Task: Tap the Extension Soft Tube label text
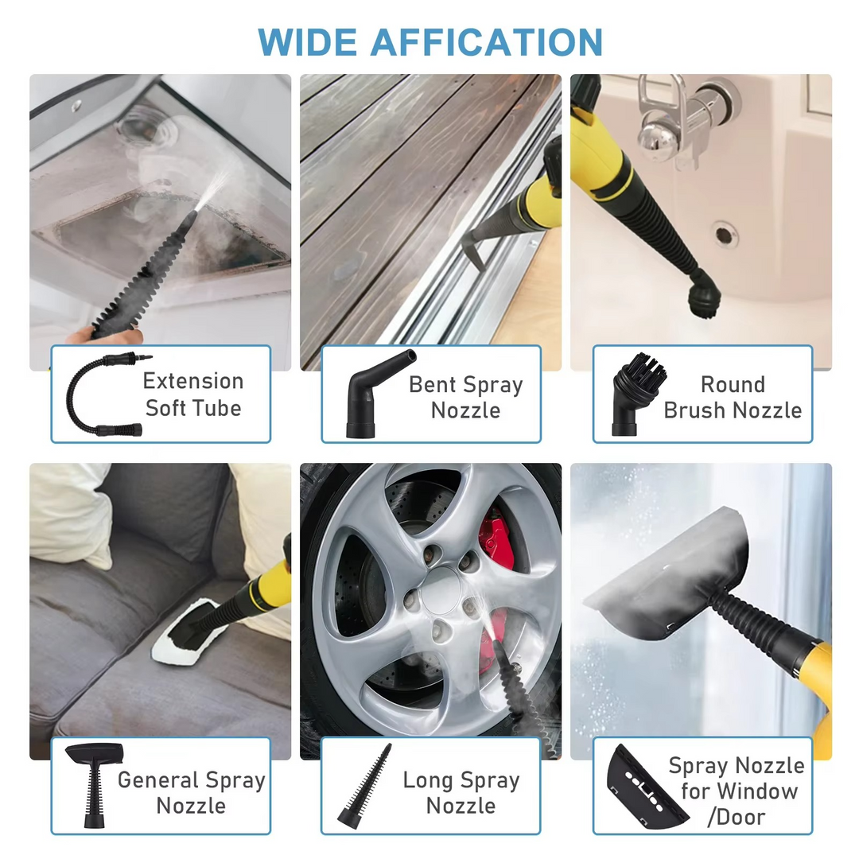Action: (193, 395)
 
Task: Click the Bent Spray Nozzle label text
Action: (465, 397)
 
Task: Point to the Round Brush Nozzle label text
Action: (733, 397)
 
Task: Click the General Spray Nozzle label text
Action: (191, 792)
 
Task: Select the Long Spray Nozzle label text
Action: (461, 792)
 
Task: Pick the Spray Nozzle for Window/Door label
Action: (737, 791)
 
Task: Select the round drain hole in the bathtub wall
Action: (725, 234)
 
